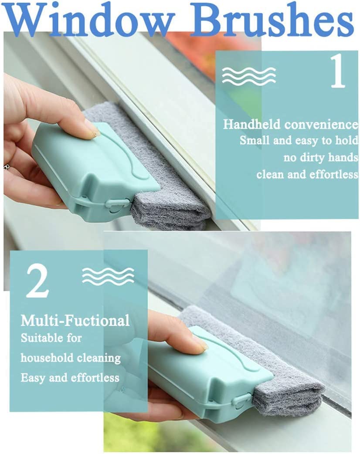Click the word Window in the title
tap(90, 18)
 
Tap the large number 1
tap(338, 71)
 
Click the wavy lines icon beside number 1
tap(249, 76)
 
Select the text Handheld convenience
tap(291, 125)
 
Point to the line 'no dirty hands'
tap(321, 158)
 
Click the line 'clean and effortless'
tap(307, 175)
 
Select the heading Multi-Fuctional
tap(75, 321)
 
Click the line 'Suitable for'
tap(51, 338)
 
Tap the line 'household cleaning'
tap(71, 358)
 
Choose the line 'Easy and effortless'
tap(70, 378)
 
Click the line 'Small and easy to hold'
tap(299, 141)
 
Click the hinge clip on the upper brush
tap(116, 203)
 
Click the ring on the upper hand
tap(6, 166)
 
